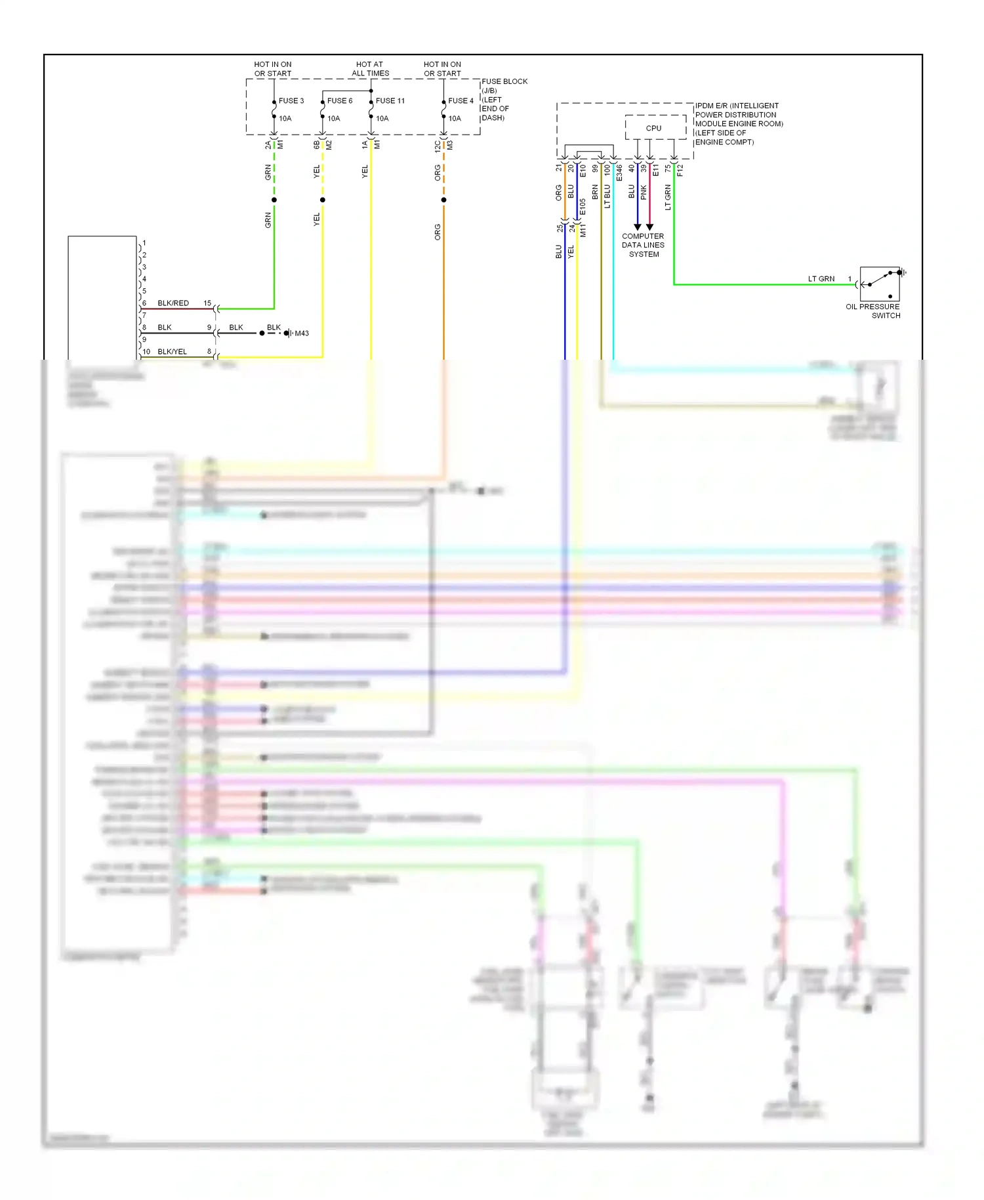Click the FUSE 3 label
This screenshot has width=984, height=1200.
tap(291, 101)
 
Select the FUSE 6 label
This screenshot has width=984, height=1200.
tap(339, 101)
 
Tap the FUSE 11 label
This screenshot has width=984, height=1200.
tap(390, 101)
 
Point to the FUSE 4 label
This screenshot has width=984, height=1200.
tap(461, 101)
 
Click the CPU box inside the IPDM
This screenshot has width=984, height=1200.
tap(654, 128)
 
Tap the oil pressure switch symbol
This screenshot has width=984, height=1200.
tap(880, 283)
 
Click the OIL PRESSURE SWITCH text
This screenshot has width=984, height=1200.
tap(873, 311)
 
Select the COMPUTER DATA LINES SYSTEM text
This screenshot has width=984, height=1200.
tap(643, 246)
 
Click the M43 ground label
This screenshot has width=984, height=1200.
tap(302, 333)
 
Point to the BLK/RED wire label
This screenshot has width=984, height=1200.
tap(173, 303)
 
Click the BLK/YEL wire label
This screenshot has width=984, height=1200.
tap(172, 352)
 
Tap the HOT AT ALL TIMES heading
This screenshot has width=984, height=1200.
tap(370, 69)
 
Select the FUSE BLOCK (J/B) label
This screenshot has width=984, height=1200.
tap(504, 85)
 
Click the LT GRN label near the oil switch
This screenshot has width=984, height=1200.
tap(821, 279)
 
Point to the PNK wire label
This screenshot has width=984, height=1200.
tap(644, 192)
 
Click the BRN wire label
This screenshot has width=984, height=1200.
tap(595, 192)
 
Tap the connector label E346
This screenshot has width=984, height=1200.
tap(619, 173)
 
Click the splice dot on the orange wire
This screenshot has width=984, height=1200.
tap(443, 200)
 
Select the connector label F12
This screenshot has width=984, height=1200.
tap(680, 171)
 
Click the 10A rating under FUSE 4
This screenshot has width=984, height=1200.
tap(455, 119)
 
